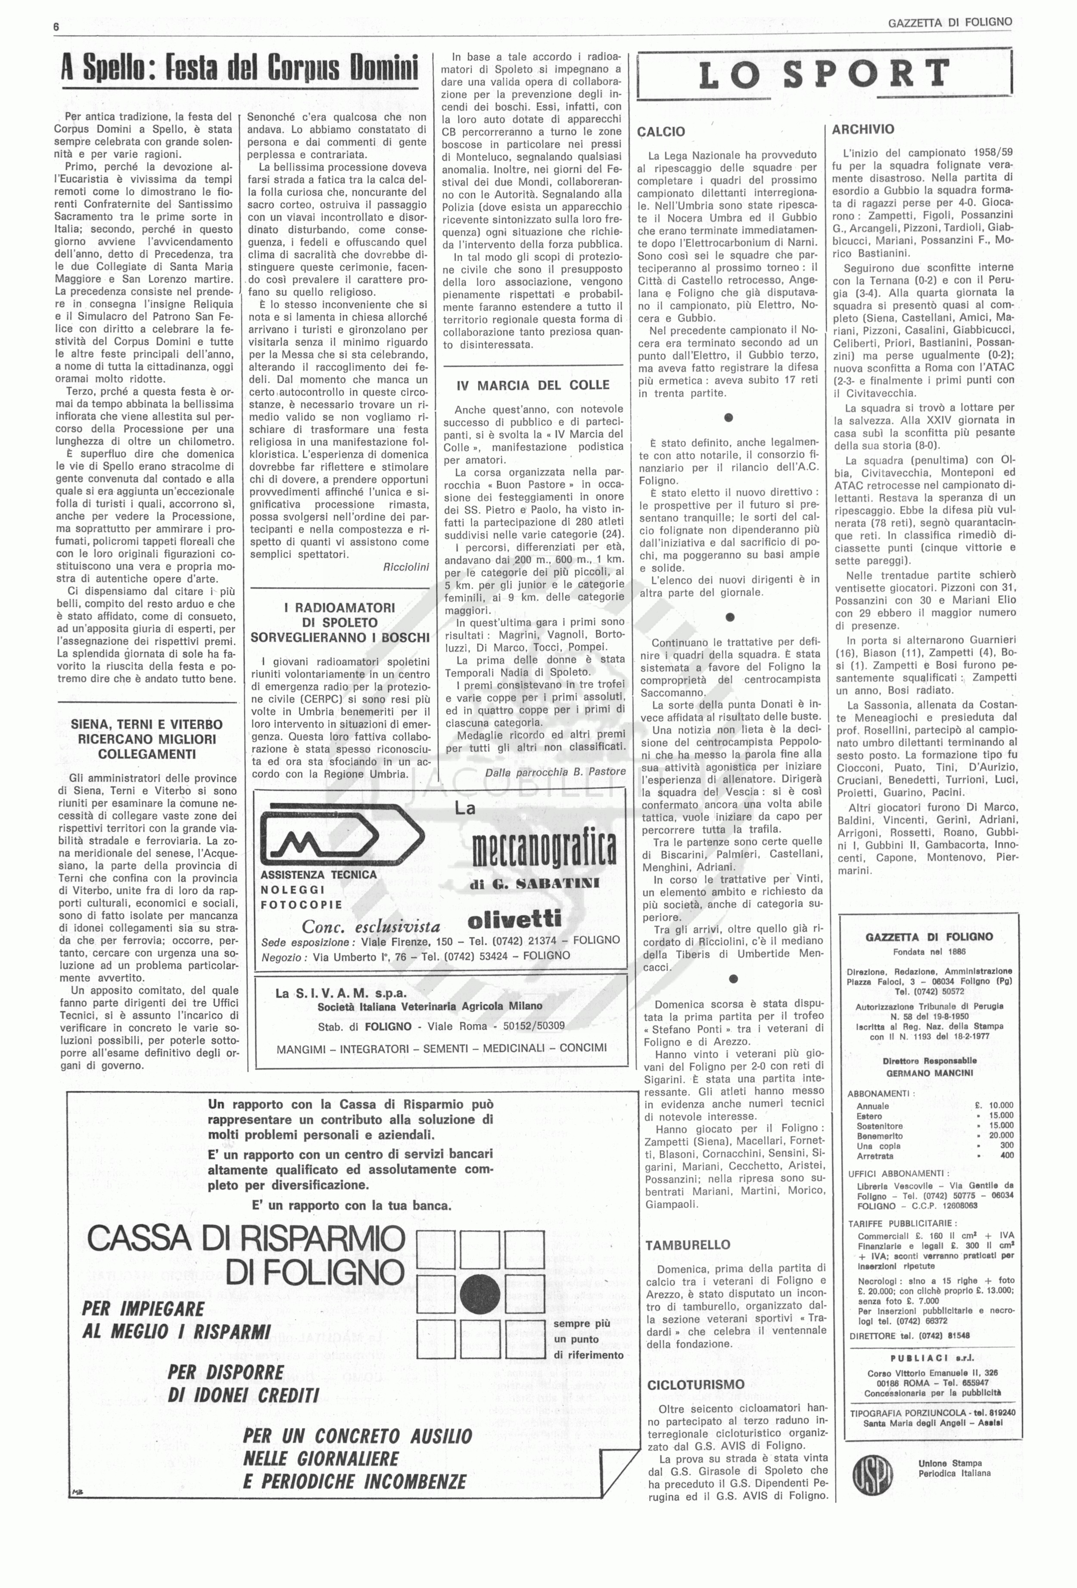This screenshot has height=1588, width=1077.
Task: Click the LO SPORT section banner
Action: click(x=824, y=75)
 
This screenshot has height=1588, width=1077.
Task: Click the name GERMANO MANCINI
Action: click(x=920, y=1073)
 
